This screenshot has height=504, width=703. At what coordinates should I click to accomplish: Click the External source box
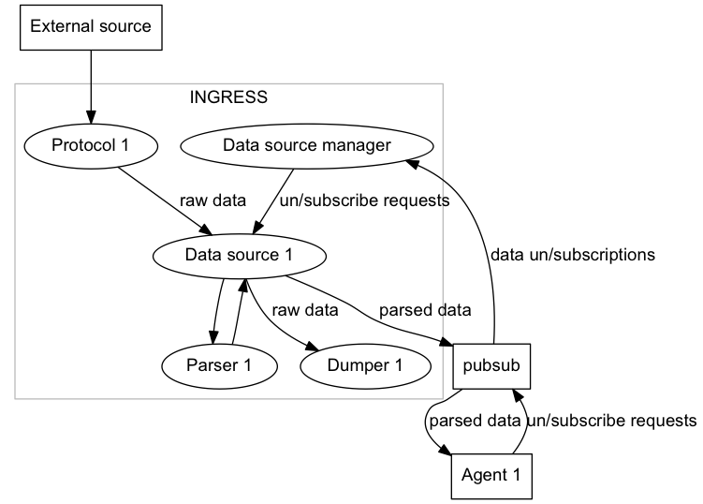pos(91,27)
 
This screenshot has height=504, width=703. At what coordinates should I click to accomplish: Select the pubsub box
pos(491,366)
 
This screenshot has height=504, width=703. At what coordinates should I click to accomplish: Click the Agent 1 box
pos(491,476)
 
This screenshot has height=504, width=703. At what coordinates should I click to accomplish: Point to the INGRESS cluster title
pos(228,96)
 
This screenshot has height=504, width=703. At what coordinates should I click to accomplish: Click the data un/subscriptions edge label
pos(573,255)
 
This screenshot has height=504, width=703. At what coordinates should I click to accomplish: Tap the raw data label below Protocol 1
pos(213,200)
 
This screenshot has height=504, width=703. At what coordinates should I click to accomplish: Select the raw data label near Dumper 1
pos(305,310)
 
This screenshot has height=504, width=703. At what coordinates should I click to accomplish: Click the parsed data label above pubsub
pos(425,310)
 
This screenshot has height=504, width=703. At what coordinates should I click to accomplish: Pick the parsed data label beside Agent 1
pos(475,421)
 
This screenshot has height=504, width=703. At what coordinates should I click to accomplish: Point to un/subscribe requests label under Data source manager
pos(364,200)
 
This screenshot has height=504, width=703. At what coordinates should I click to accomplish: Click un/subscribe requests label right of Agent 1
pos(612,421)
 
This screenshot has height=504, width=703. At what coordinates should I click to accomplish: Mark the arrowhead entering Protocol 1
pos(91,118)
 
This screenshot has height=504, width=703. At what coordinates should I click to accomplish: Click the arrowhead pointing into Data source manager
pos(412,164)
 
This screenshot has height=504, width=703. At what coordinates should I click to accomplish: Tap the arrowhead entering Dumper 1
pos(312,347)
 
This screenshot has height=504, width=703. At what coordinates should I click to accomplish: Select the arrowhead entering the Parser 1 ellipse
pos(213,337)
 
